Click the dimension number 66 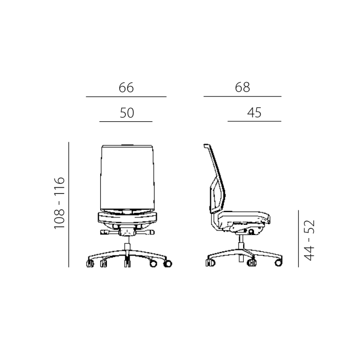click(x=126, y=87)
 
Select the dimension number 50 click(x=127, y=113)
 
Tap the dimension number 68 click(x=242, y=87)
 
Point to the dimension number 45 click(x=254, y=113)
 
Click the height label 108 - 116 click(x=60, y=203)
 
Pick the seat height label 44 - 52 click(x=309, y=240)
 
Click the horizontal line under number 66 click(x=127, y=97)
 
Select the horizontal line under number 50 click(x=126, y=121)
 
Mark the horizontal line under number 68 click(x=242, y=97)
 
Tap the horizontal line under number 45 click(x=255, y=121)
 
